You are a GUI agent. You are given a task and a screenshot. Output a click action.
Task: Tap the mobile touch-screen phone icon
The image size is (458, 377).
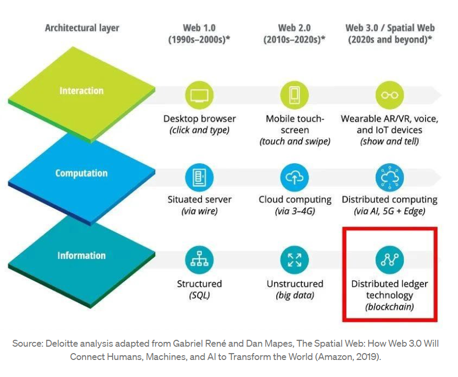pos(294,96)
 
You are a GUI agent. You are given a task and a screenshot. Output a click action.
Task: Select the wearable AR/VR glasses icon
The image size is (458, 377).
pos(389,96)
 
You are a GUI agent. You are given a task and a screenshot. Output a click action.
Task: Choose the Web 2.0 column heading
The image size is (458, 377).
pos(294,28)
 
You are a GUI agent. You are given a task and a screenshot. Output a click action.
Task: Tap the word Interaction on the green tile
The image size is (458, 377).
pos(81,91)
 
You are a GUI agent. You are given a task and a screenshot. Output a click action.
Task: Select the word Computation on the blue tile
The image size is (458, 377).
pos(81,173)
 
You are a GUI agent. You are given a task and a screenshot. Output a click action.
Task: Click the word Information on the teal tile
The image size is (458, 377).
pos(81,256)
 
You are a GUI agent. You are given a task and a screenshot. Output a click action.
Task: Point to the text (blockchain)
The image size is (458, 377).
pos(389,307)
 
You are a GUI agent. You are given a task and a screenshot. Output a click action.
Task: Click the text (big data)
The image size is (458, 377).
pos(294,296)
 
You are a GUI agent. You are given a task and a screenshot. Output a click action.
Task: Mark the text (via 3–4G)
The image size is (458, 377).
pos(294,212)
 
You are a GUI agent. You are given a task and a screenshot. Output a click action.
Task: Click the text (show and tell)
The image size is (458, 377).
pos(389,142)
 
